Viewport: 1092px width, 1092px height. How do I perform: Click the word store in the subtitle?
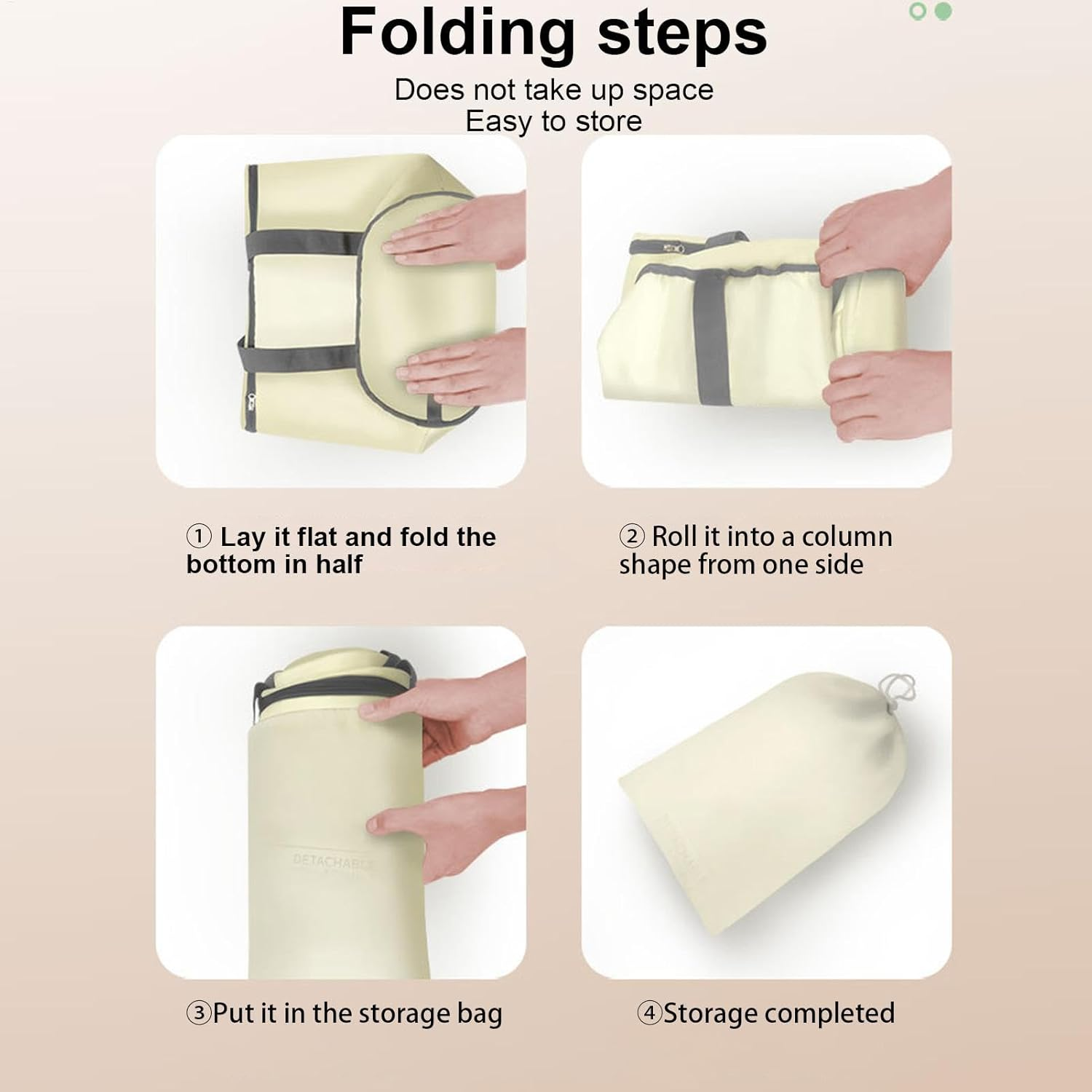point(609,121)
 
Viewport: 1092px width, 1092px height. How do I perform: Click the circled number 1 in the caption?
point(199,537)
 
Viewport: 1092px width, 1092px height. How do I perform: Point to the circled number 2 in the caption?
point(632,536)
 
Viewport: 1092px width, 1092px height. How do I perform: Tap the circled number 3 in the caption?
point(199,1013)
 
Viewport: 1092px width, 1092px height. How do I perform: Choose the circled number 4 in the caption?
point(649,1013)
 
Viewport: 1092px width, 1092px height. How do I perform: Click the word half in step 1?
point(339,564)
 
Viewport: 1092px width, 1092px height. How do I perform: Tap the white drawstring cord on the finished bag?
point(898,692)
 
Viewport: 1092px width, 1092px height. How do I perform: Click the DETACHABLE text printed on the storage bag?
point(333,862)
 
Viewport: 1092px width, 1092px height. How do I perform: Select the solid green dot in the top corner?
point(943,12)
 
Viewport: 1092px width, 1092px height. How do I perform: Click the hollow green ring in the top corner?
point(918,12)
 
